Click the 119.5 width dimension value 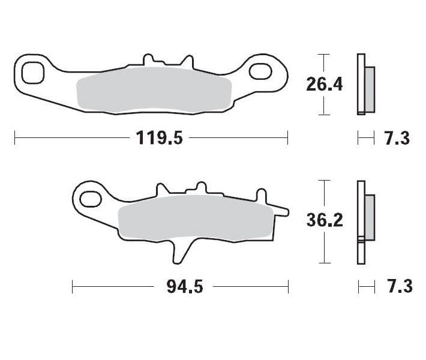pyautogui.click(x=159, y=139)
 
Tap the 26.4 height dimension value pyautogui.click(x=324, y=84)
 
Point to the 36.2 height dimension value pyautogui.click(x=324, y=220)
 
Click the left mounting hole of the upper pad pyautogui.click(x=32, y=73)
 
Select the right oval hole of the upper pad pyautogui.click(x=262, y=72)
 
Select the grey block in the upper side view pyautogui.click(x=370, y=89)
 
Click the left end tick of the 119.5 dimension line pyautogui.click(x=14, y=139)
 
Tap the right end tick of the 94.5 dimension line pyautogui.click(x=289, y=287)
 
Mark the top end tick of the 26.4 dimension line pyautogui.click(x=324, y=55)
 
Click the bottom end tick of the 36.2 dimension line pyautogui.click(x=324, y=263)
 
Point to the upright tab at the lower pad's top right pyautogui.click(x=261, y=195)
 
